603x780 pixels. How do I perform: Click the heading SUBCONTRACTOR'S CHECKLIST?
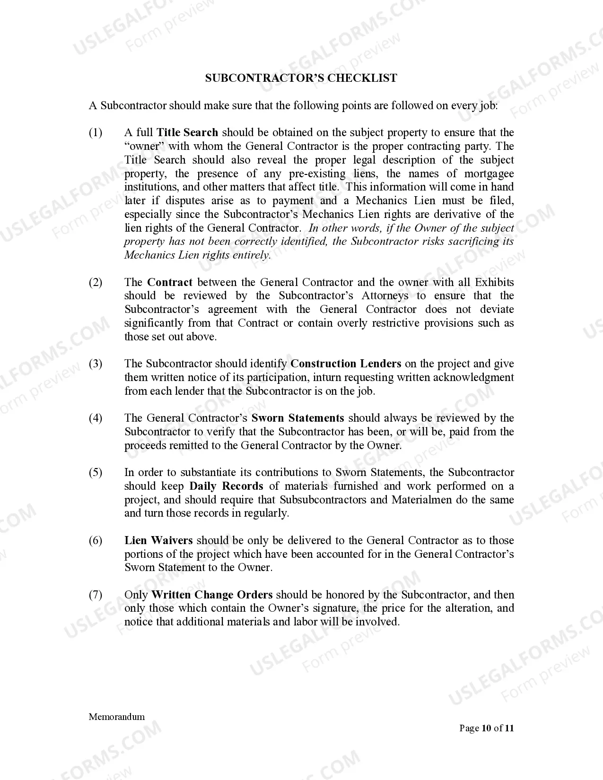click(301, 78)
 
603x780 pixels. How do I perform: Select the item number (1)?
click(96, 133)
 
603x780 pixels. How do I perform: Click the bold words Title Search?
click(187, 133)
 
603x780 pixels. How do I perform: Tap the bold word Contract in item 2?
click(170, 283)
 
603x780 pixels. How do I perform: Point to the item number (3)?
click(96, 364)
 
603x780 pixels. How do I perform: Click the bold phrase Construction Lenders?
click(346, 364)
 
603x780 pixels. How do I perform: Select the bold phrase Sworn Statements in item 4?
click(297, 418)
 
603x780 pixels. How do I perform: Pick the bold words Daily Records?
click(226, 486)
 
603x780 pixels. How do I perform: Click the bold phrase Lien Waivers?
click(158, 541)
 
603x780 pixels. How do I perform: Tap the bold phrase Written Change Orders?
click(212, 595)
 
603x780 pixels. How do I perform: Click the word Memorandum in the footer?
click(117, 717)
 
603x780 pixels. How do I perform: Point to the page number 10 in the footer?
click(486, 728)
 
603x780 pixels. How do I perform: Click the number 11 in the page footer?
click(509, 728)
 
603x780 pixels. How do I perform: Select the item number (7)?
click(96, 595)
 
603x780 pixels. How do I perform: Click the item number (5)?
click(96, 473)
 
